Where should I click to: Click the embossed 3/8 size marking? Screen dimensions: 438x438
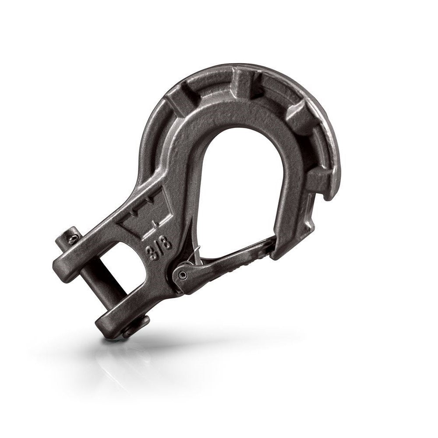coord(160,249)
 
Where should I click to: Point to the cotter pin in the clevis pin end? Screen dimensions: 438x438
coord(74,238)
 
